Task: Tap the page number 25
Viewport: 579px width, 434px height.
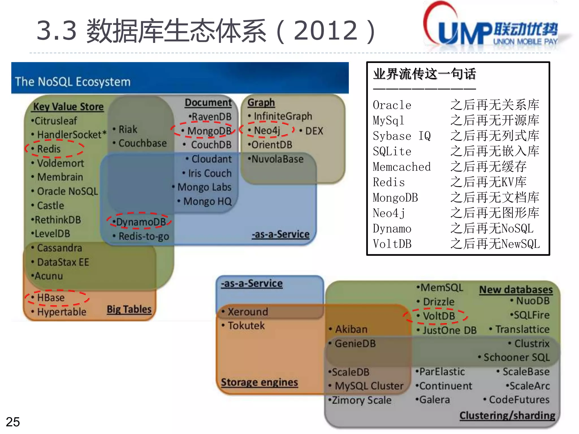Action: pyautogui.click(x=13, y=422)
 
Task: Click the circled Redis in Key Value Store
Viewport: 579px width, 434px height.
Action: pyautogui.click(x=49, y=149)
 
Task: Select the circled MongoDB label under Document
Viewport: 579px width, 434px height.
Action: pyautogui.click(x=209, y=131)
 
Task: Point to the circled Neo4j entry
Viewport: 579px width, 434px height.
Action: pyautogui.click(x=267, y=131)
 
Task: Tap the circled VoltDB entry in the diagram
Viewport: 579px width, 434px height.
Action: pyautogui.click(x=439, y=316)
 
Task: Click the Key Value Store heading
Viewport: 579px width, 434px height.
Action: pyautogui.click(x=68, y=107)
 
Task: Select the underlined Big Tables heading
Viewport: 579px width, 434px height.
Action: pyautogui.click(x=129, y=309)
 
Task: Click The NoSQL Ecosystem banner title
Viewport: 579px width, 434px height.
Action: pyautogui.click(x=73, y=82)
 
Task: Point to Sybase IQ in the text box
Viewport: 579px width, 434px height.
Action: pyautogui.click(x=401, y=136)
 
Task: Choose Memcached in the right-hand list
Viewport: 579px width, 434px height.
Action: pyautogui.click(x=401, y=167)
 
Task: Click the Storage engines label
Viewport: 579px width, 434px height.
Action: pyautogui.click(x=259, y=382)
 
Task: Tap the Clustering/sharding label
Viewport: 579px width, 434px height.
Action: pyautogui.click(x=507, y=416)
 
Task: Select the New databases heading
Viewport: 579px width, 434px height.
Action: pyautogui.click(x=516, y=290)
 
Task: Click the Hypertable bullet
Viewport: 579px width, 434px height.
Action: pyautogui.click(x=62, y=312)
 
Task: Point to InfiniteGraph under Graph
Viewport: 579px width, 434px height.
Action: pyautogui.click(x=283, y=116)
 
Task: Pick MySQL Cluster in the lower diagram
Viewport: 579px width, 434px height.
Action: pyautogui.click(x=369, y=386)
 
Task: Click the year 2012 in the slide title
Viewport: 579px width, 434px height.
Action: pyautogui.click(x=326, y=31)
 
